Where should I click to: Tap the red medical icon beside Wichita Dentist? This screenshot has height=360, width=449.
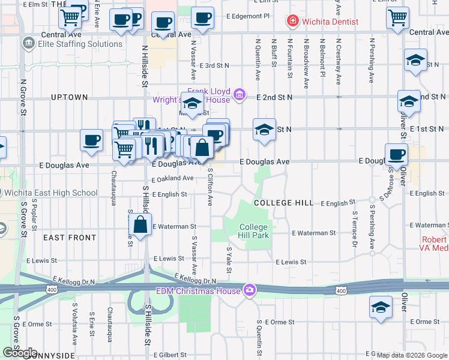[x=292, y=22]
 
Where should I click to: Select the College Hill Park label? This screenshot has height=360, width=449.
[x=253, y=231]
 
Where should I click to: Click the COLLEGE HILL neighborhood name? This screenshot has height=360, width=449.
[x=283, y=203]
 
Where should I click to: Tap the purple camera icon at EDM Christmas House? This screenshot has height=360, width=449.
[x=249, y=291]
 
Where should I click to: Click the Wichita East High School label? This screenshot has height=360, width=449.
[x=50, y=193]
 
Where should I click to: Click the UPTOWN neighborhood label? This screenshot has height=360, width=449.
[x=70, y=97]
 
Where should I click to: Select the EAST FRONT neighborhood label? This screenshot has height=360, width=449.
[x=70, y=238]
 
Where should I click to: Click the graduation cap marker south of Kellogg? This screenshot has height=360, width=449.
[x=381, y=308]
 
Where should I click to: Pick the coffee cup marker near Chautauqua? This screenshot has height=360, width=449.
[x=92, y=140]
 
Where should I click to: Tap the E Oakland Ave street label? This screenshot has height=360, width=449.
[x=172, y=178]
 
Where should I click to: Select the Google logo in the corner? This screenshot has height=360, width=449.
[x=20, y=353]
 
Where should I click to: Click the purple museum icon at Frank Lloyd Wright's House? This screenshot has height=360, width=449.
[x=239, y=94]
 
